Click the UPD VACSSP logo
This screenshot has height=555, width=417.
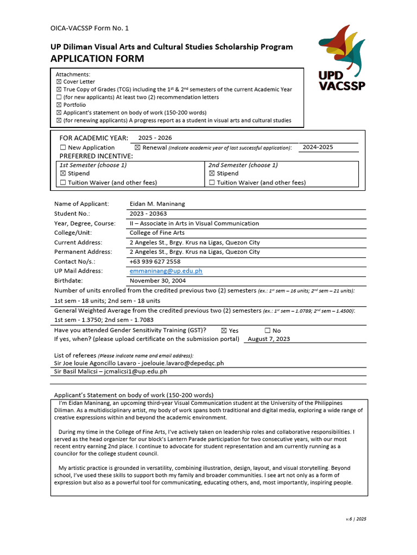[342, 58]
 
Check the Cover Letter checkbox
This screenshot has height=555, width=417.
[59, 82]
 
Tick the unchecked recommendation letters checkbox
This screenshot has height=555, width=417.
[59, 97]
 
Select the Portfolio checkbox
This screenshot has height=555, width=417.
[59, 105]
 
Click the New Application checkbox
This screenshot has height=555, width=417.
[63, 147]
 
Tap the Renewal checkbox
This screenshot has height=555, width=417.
[137, 147]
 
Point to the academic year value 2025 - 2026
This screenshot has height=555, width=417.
[155, 138]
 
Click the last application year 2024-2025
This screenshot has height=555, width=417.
[318, 147]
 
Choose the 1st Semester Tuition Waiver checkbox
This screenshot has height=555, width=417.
[63, 183]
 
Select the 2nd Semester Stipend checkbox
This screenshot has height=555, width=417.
[212, 173]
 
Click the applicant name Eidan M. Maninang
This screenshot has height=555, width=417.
[157, 204]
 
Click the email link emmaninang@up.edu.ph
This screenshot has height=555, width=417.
[166, 270]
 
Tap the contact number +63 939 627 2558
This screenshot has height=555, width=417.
[155, 261]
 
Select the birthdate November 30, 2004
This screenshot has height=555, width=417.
[157, 280]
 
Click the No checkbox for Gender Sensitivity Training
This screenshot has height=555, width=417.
[267, 331]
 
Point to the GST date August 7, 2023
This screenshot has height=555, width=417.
[268, 339]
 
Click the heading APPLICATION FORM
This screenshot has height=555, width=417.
[98, 59]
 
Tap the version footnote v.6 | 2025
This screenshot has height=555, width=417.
[356, 519]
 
